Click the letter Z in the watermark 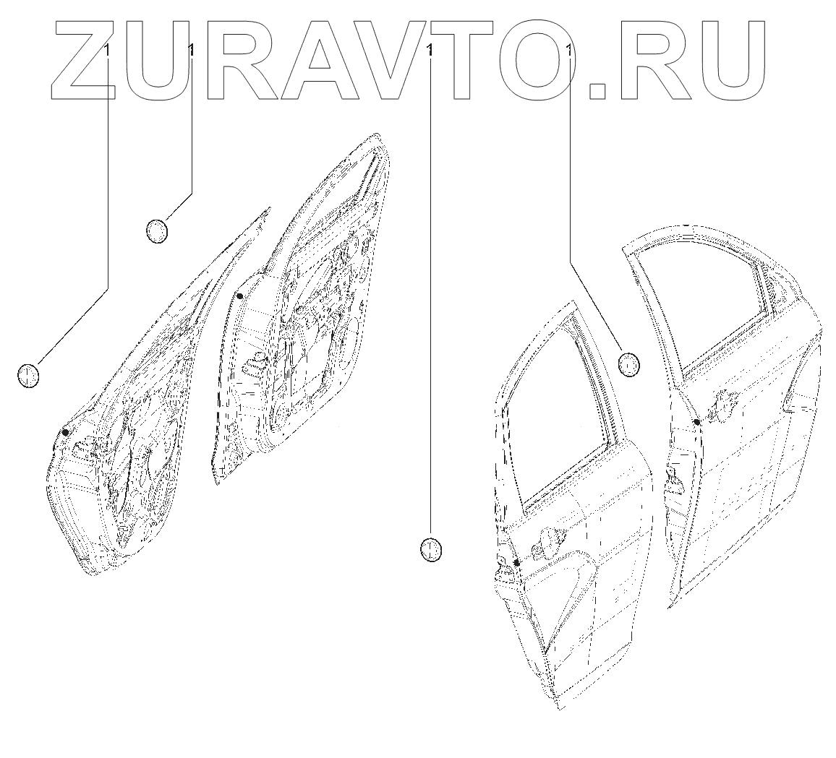coord(83,58)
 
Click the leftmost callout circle coord(27,375)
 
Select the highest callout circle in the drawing coord(156,231)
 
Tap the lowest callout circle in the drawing coord(430,550)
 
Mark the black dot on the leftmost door coord(66,432)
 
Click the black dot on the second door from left coord(239,296)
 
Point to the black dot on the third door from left coord(517,562)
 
